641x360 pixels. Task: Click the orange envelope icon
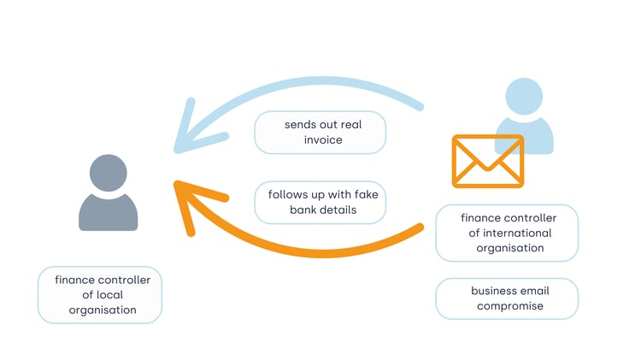click(488, 161)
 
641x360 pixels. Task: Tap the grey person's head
click(108, 173)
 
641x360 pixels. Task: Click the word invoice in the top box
click(320, 139)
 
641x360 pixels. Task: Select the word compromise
click(510, 305)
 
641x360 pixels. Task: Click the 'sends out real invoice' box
click(320, 133)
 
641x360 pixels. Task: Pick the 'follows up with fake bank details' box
click(321, 202)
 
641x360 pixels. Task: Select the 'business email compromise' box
click(507, 298)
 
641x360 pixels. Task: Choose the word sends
click(300, 124)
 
